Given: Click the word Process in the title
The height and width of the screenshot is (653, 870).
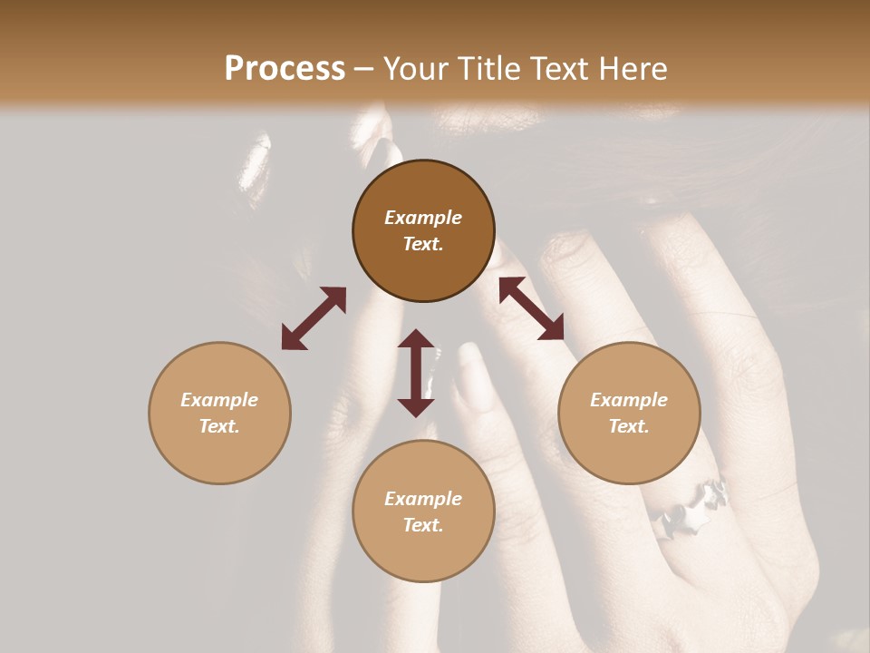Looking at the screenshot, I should [285, 69].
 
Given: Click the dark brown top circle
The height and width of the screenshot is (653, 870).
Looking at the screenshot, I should [423, 231].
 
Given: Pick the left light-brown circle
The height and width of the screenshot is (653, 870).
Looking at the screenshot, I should [219, 413].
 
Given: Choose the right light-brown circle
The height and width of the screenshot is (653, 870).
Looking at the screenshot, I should [629, 413].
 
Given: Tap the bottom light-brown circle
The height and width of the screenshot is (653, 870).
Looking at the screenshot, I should [423, 512].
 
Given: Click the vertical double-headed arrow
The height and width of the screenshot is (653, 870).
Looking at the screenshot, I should [416, 373].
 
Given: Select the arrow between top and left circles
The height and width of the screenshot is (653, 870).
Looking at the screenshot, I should [314, 318].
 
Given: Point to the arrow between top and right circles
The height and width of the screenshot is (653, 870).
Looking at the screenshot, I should [531, 308].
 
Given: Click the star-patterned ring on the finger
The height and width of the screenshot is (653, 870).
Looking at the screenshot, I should [693, 506].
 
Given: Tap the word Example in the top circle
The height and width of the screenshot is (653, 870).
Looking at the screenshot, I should [423, 218].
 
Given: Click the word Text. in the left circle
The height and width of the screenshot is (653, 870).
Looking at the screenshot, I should [219, 426].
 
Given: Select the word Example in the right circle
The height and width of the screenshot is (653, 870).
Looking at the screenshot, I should [629, 400].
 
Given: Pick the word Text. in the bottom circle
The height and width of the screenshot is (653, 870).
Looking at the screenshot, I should [423, 525].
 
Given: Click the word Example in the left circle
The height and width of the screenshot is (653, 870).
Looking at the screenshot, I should [219, 400].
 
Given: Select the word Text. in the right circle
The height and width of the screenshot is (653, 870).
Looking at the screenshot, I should [629, 426].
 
